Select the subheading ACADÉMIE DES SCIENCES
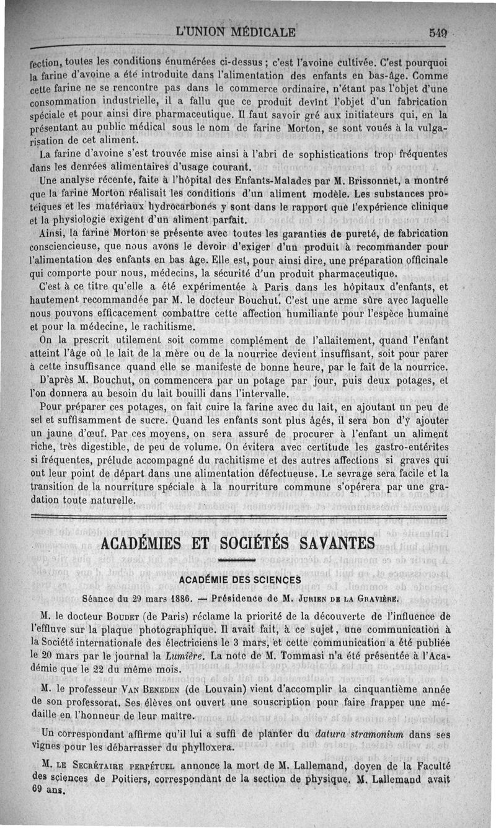point(239,580)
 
